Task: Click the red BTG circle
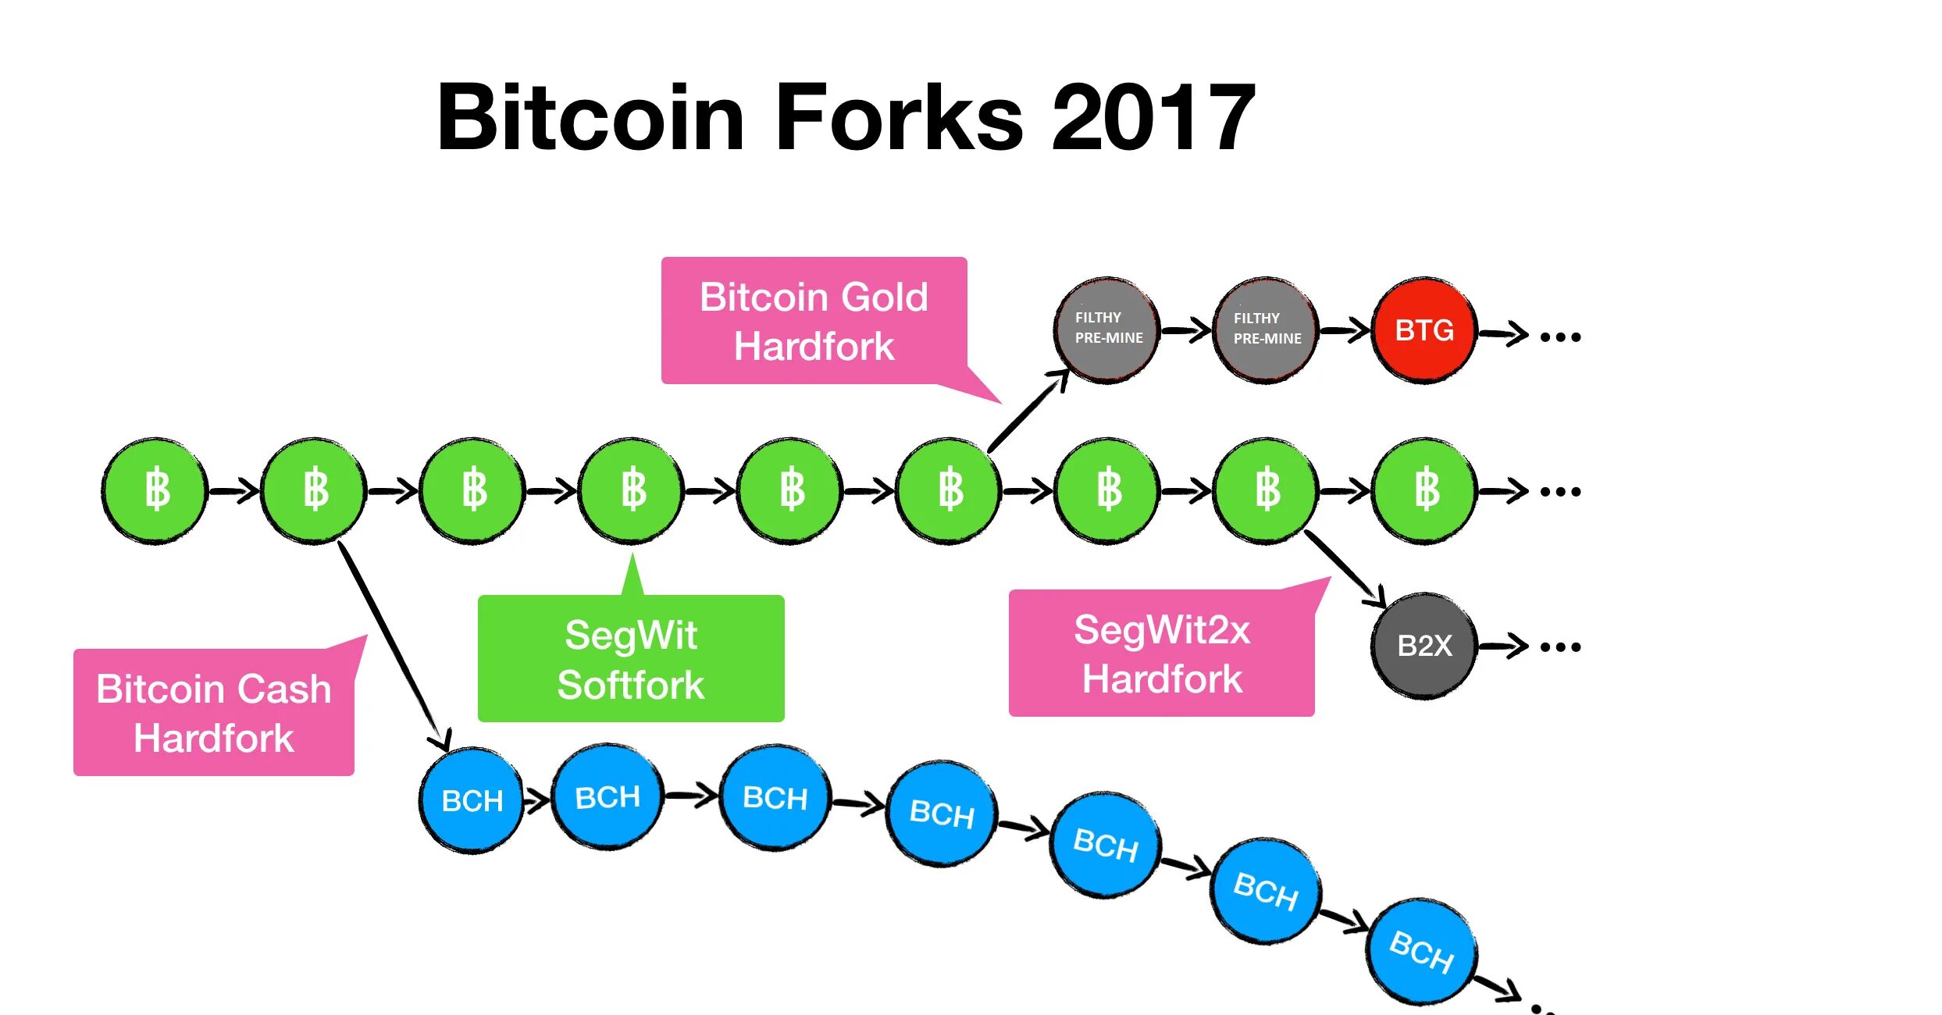(x=1424, y=330)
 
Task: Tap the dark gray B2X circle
(x=1424, y=646)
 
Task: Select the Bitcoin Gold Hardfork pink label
(x=814, y=321)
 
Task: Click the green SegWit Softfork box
(x=631, y=659)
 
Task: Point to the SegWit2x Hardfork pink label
(x=1161, y=654)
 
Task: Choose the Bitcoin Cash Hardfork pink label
(x=213, y=713)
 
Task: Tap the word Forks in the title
(x=899, y=118)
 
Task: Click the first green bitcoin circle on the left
(x=155, y=490)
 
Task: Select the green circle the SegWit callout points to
(x=632, y=490)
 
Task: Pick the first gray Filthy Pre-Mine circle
(x=1106, y=329)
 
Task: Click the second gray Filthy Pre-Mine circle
(x=1266, y=329)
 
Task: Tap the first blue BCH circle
(x=472, y=800)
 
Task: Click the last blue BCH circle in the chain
(x=1421, y=951)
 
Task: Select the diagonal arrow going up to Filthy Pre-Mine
(x=1028, y=411)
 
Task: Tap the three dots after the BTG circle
(x=1560, y=337)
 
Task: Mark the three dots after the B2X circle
(x=1560, y=647)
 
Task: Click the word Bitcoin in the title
(x=590, y=118)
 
